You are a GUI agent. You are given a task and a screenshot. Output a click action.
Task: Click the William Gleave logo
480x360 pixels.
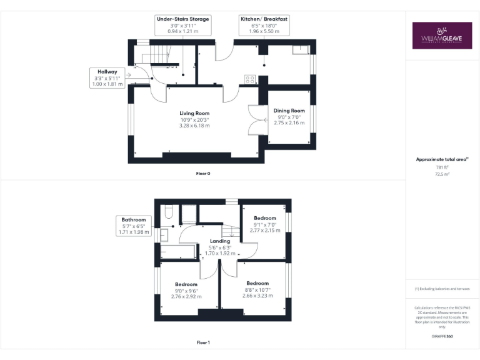click(x=442, y=36)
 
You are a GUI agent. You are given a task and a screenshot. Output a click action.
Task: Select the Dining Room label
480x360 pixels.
click(x=289, y=117)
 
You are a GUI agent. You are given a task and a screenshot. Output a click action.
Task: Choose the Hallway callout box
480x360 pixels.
click(x=107, y=77)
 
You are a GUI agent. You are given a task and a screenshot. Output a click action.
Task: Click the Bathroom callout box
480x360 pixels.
click(x=133, y=226)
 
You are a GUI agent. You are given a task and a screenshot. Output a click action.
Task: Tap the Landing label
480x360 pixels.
click(x=220, y=247)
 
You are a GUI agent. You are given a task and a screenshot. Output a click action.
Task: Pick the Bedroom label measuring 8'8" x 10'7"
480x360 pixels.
click(x=257, y=289)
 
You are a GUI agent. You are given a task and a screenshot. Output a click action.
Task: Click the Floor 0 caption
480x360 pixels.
click(x=203, y=173)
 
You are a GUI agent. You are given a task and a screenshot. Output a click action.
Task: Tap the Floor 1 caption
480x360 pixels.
click(x=203, y=342)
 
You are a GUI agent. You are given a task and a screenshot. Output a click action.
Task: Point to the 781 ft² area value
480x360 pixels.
click(x=442, y=167)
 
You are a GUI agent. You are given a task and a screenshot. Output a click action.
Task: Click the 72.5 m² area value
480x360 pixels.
click(x=442, y=174)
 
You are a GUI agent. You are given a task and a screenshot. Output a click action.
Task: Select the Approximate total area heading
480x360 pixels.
click(x=442, y=159)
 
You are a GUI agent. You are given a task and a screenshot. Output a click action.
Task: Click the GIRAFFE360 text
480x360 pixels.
click(x=442, y=336)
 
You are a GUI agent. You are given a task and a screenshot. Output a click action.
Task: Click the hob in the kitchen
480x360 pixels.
click(x=250, y=79)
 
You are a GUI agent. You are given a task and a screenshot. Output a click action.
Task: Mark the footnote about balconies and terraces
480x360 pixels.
click(x=442, y=289)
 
